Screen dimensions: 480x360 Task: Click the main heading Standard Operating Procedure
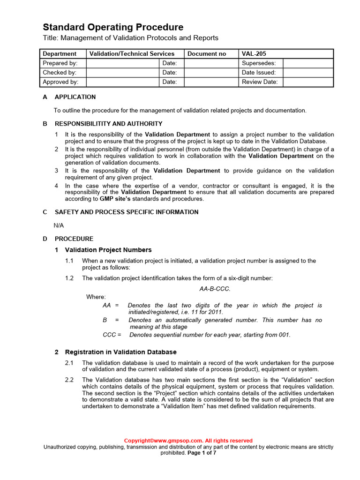[x=113, y=27]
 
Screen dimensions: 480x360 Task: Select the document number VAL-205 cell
[x=254, y=54]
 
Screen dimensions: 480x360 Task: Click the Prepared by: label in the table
[x=60, y=63]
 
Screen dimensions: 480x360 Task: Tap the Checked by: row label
[x=60, y=73]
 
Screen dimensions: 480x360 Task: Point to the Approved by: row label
[x=60, y=82]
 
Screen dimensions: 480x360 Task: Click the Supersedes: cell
[x=259, y=63]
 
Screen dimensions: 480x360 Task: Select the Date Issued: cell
[x=259, y=73]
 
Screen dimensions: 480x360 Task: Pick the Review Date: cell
[x=260, y=82]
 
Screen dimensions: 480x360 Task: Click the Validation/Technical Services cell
[x=132, y=54]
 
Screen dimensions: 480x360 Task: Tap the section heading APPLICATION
[x=75, y=97]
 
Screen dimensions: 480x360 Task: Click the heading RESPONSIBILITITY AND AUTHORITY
[x=108, y=124]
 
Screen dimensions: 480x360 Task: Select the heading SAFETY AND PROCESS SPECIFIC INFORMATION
[x=127, y=212]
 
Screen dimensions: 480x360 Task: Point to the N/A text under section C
[x=59, y=225]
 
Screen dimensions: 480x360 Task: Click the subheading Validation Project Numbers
[x=108, y=250]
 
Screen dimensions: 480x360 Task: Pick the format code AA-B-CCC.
[x=215, y=289]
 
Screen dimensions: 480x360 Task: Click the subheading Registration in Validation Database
[x=120, y=352]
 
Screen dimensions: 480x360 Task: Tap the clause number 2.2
[x=69, y=380]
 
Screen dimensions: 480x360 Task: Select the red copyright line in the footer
[x=188, y=441]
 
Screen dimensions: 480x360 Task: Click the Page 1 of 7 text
[x=202, y=453]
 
